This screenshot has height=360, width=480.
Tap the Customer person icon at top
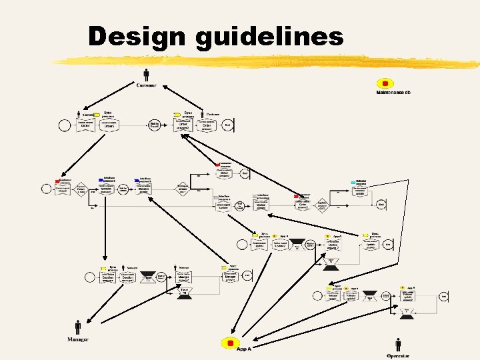click(x=146, y=74)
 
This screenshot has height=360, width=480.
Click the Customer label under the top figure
click(x=147, y=85)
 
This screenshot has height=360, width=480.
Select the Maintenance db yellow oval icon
click(x=384, y=83)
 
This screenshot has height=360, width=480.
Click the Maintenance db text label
click(x=393, y=92)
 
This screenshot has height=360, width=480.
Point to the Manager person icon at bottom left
click(x=78, y=327)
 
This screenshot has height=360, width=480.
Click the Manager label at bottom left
click(x=78, y=339)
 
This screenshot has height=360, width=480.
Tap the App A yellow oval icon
click(x=230, y=343)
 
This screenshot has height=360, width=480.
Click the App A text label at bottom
click(x=244, y=349)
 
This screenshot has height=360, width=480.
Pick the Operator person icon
click(x=398, y=344)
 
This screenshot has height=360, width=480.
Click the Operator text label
click(x=398, y=356)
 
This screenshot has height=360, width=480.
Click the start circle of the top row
click(x=65, y=125)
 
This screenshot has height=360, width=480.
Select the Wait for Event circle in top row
click(x=155, y=125)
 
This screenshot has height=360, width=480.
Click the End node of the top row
click(x=227, y=125)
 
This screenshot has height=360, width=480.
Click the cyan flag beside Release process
click(x=353, y=182)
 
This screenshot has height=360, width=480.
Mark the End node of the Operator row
click(x=443, y=296)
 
